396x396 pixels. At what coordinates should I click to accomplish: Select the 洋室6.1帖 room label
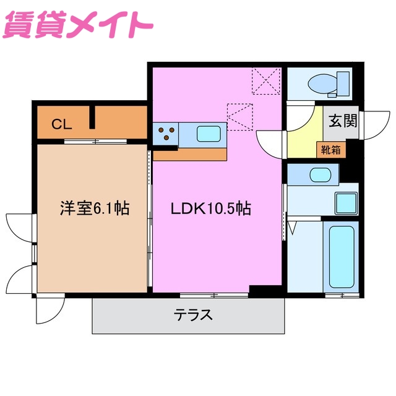94,209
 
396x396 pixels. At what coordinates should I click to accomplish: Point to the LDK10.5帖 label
210,209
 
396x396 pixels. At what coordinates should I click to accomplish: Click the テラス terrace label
193,315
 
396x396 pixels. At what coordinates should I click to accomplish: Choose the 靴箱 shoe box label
330,148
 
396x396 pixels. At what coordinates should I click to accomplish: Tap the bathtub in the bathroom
340,256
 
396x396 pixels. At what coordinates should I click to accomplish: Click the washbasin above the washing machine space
320,174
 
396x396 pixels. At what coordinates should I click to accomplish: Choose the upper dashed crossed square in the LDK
267,80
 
